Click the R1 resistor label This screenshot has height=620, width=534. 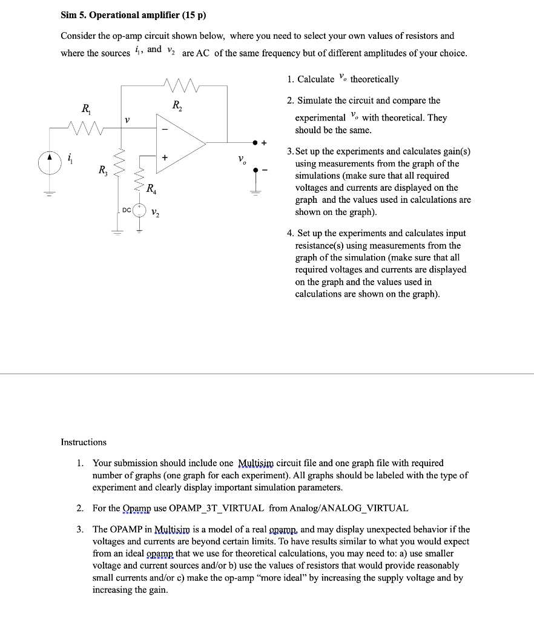click(87, 110)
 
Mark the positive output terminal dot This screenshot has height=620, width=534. click(255, 143)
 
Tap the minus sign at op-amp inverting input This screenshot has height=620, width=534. click(163, 129)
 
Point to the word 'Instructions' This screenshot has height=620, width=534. click(84, 442)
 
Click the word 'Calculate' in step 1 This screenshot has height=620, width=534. click(315, 79)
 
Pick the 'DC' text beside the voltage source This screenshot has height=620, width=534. click(126, 209)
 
